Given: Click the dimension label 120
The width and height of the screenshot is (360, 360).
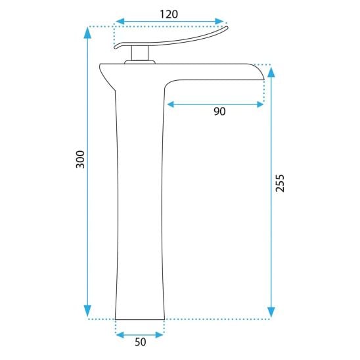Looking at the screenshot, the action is click(x=169, y=14).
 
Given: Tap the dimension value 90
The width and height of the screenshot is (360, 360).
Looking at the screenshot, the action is click(x=219, y=112).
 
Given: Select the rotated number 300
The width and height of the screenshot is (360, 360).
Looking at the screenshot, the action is click(x=80, y=160).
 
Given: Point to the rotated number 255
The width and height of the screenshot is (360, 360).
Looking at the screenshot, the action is click(x=280, y=183).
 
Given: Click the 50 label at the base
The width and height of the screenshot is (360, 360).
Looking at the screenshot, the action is click(x=141, y=342).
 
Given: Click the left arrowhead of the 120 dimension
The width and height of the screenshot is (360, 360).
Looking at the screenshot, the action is click(x=120, y=22).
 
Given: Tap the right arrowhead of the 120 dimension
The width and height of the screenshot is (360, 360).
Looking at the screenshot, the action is click(x=219, y=22).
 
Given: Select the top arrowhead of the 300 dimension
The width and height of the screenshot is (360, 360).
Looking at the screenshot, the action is click(x=87, y=33).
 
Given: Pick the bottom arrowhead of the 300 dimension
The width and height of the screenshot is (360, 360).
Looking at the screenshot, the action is click(x=87, y=311).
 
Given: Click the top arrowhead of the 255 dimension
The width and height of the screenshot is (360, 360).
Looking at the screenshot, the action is click(x=271, y=72).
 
